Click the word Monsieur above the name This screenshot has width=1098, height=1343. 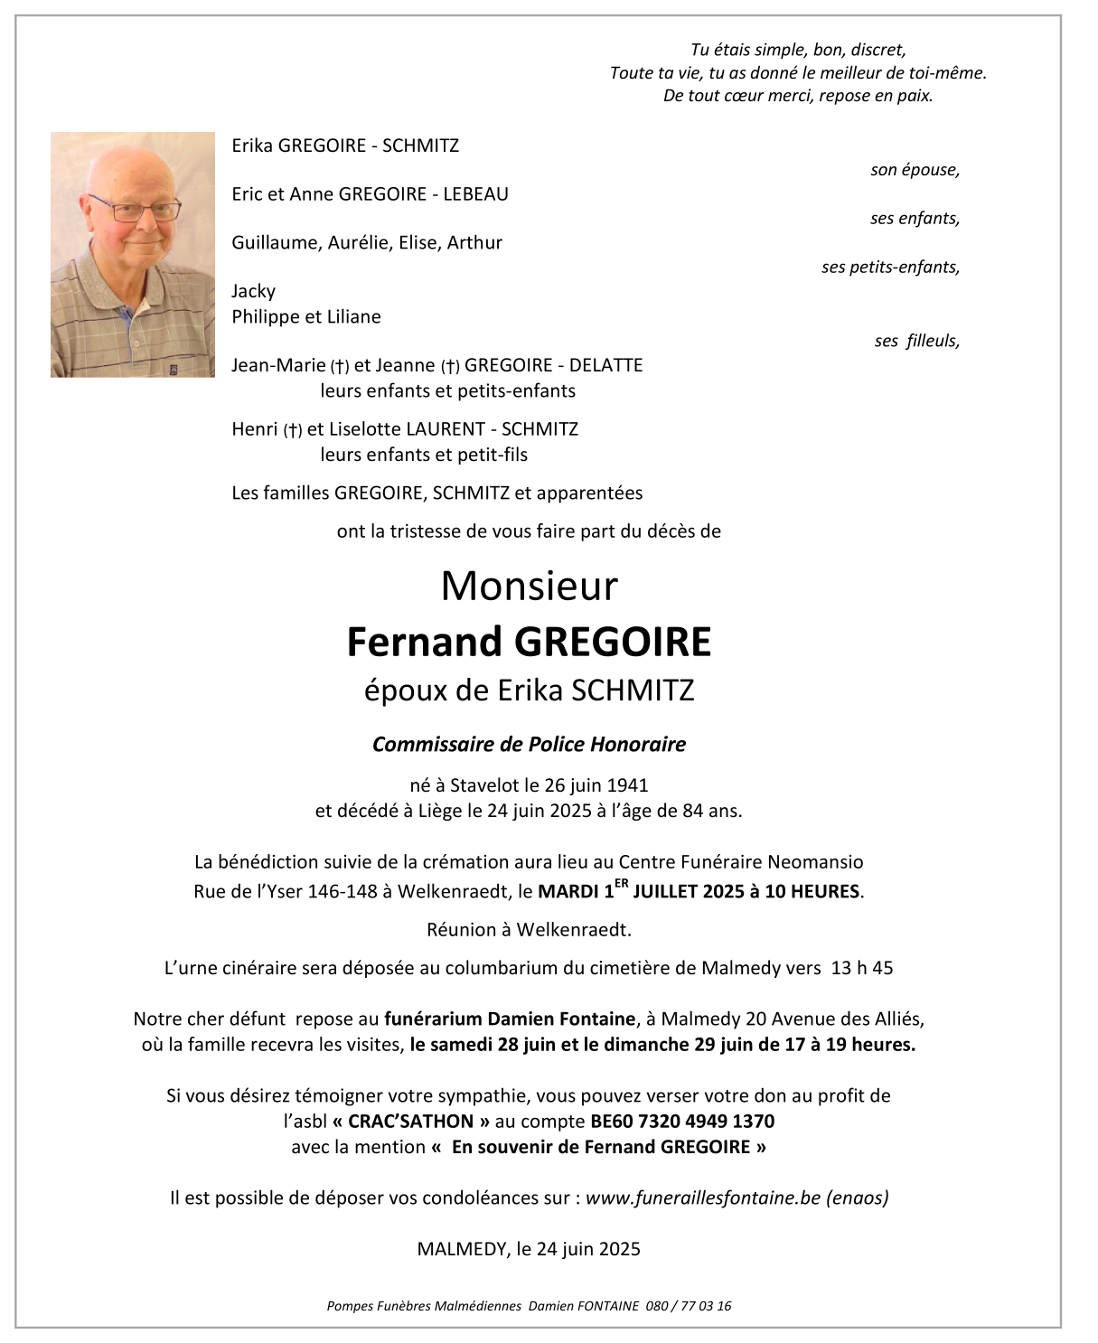pos(529,587)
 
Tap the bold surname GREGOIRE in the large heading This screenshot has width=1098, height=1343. pos(613,642)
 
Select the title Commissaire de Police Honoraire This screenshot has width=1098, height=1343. pos(529,745)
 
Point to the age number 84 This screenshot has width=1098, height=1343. pos(692,811)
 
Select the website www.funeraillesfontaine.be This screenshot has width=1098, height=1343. pos(703,1198)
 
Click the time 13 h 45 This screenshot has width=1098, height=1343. pos(861,968)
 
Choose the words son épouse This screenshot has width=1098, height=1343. pos(915,170)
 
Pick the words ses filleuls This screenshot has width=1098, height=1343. pos(916,341)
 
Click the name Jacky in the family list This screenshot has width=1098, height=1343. pos(253,291)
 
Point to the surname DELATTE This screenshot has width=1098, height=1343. pos(606,365)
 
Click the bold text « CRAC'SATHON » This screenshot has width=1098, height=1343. pos(411,1122)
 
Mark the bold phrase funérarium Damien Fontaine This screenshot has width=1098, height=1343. pos(510,1019)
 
